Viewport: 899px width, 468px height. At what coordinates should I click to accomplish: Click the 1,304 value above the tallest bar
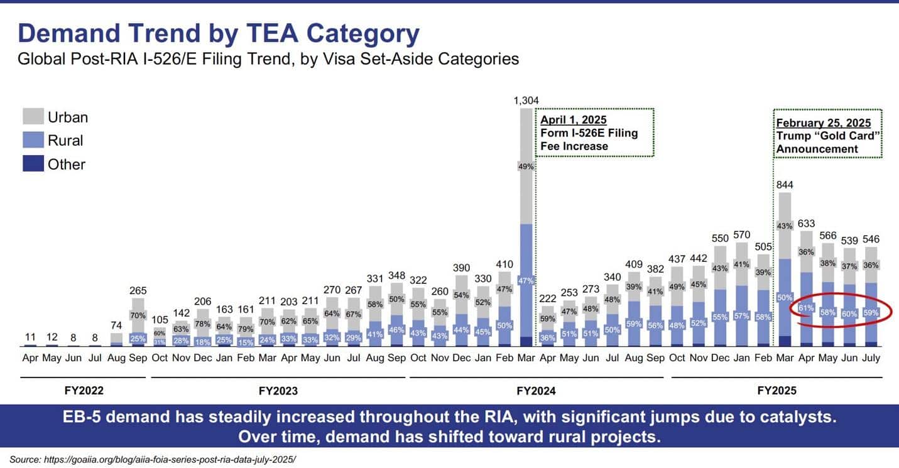point(526,101)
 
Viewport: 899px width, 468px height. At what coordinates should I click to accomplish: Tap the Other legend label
point(67,165)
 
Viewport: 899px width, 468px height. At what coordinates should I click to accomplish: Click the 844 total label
point(785,184)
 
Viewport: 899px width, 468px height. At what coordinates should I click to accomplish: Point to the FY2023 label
point(278,390)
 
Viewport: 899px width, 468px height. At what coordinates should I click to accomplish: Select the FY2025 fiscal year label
point(776,390)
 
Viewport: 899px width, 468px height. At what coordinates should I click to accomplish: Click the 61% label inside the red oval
point(807,308)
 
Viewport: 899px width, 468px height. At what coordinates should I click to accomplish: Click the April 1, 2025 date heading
point(572,119)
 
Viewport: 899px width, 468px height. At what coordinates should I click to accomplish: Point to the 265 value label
point(138,290)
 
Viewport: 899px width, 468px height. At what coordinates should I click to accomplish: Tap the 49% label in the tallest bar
point(526,166)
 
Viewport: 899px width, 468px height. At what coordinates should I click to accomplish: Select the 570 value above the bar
point(741,235)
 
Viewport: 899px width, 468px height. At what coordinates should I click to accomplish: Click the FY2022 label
point(84,390)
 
